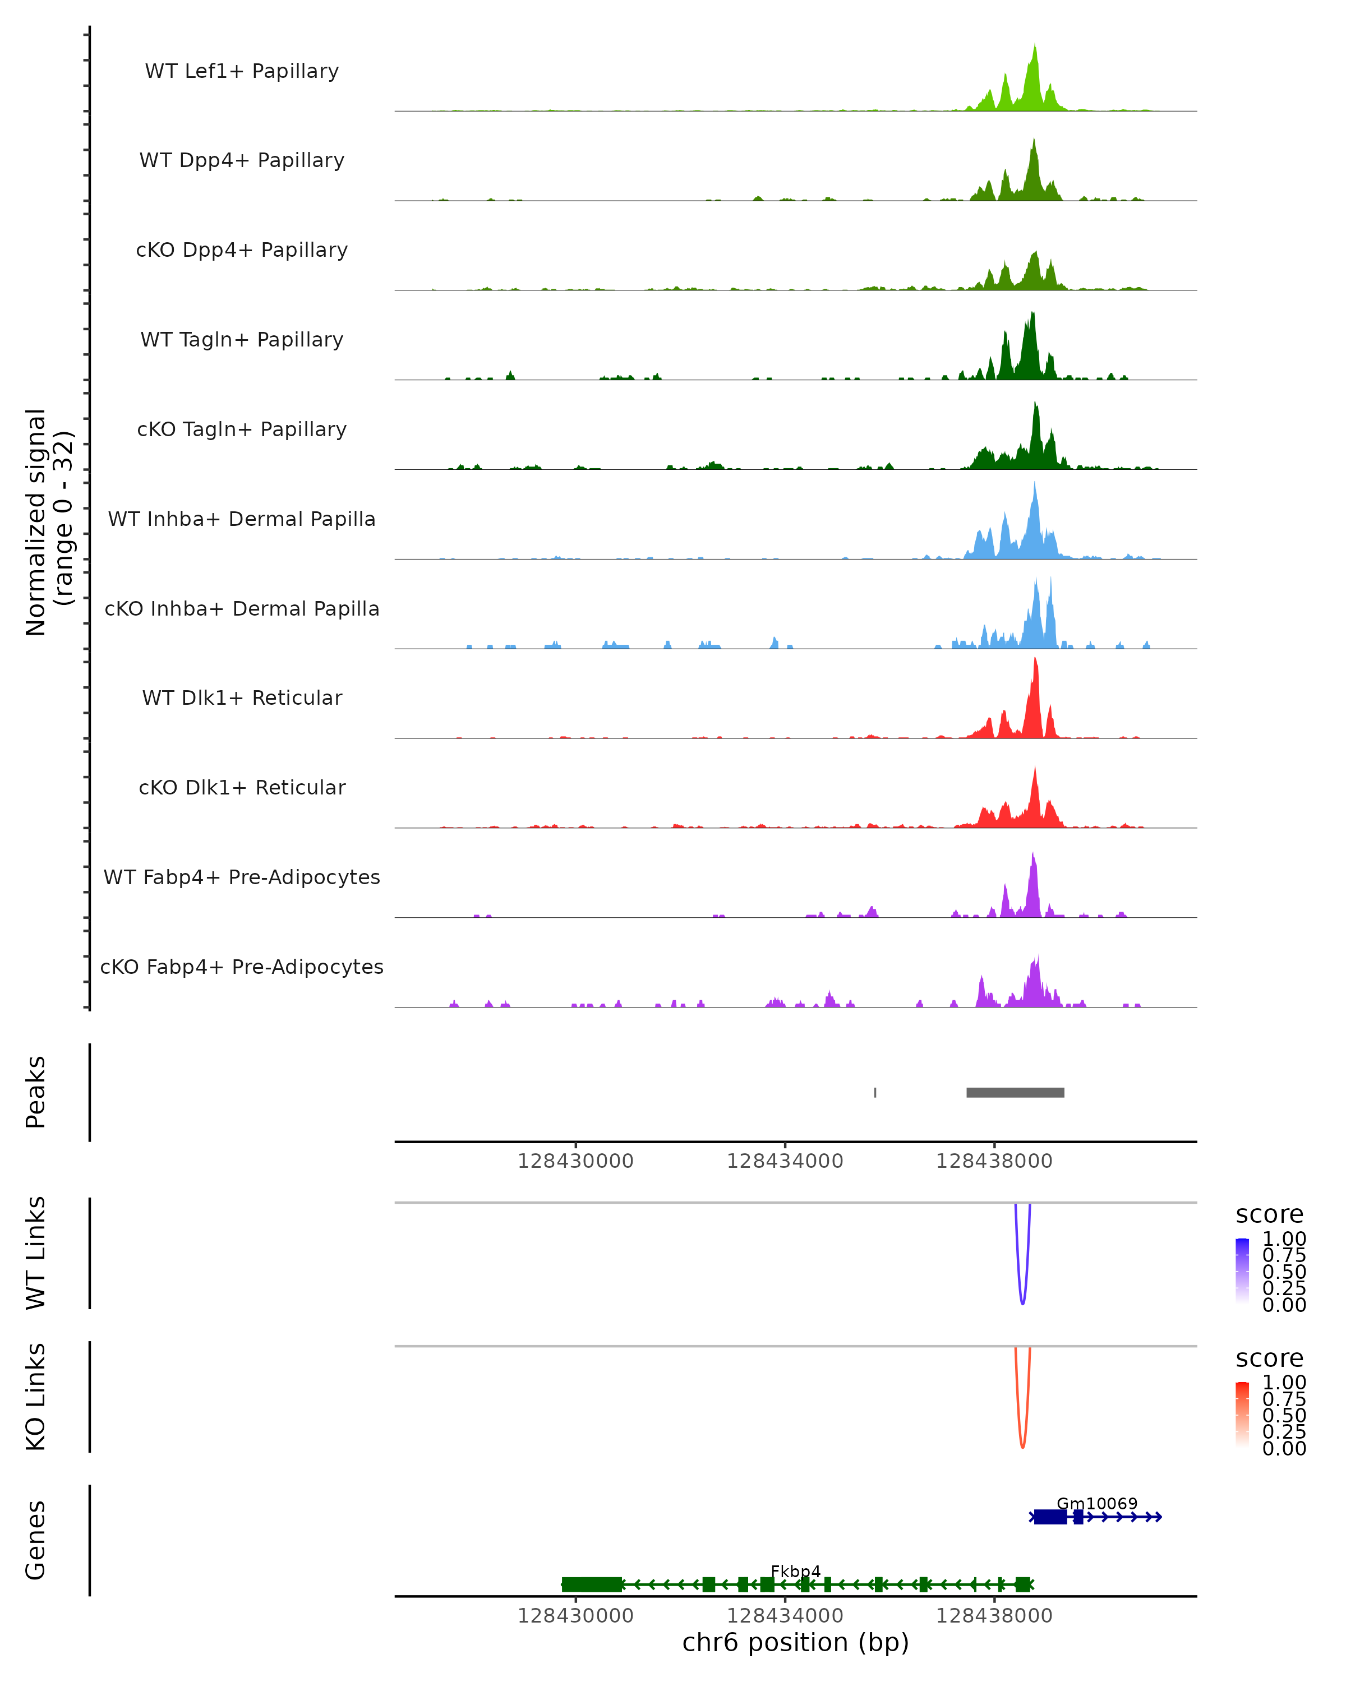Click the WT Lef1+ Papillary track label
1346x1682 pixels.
pyautogui.click(x=242, y=71)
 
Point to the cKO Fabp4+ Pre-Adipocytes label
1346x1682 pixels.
pyautogui.click(x=242, y=967)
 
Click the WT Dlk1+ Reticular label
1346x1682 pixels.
pyautogui.click(x=242, y=697)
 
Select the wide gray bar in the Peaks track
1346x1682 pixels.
pyautogui.click(x=1015, y=1092)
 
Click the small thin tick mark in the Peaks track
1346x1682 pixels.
pyautogui.click(x=875, y=1092)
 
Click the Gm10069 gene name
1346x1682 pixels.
pyautogui.click(x=1096, y=1503)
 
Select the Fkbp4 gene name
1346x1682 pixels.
pyautogui.click(x=795, y=1571)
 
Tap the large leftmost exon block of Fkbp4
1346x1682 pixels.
pyautogui.click(x=592, y=1584)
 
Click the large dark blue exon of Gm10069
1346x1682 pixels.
pyautogui.click(x=1050, y=1517)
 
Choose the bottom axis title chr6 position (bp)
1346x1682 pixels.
pyautogui.click(x=795, y=1642)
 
